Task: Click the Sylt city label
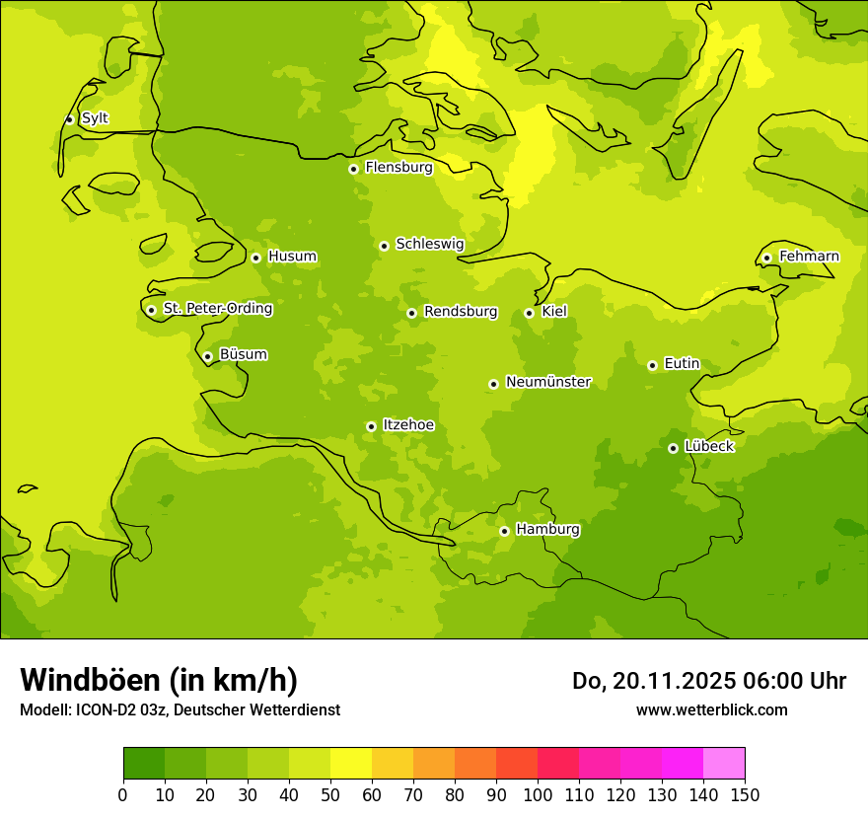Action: (95, 118)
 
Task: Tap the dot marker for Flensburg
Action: (353, 169)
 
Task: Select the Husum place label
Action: (292, 257)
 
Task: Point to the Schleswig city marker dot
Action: (384, 246)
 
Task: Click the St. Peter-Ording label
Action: (217, 309)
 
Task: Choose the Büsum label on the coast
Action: (243, 355)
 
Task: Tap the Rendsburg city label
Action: (460, 312)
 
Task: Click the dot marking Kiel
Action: (529, 313)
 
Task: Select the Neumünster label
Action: (547, 382)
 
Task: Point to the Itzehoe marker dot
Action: (371, 426)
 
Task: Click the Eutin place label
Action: (682, 364)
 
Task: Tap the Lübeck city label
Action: (708, 447)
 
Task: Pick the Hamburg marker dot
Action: (504, 531)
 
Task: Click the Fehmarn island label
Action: (809, 257)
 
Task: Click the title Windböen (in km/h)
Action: (159, 680)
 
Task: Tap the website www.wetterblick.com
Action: (711, 709)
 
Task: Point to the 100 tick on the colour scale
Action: (538, 794)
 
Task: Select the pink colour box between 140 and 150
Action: (724, 764)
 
